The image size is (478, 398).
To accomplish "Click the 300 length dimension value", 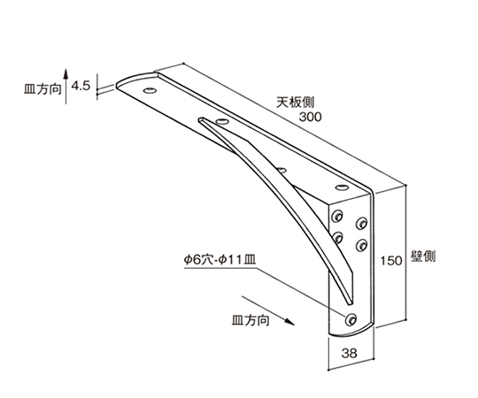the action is click(x=310, y=117).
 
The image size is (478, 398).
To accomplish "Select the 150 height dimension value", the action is click(x=391, y=261).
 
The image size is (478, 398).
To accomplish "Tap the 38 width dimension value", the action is click(x=349, y=353).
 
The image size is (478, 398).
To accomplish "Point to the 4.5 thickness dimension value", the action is click(x=81, y=86).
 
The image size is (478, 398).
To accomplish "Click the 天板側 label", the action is click(x=295, y=103).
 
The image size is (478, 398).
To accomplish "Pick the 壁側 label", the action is click(x=423, y=256).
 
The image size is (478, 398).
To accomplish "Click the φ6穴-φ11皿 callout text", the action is click(x=220, y=260).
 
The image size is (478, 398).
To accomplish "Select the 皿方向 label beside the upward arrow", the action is click(x=42, y=89).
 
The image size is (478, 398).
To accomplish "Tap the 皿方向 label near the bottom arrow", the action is click(x=251, y=320).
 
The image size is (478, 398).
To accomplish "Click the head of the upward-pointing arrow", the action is click(x=66, y=73).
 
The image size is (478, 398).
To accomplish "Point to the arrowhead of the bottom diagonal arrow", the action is click(x=289, y=322).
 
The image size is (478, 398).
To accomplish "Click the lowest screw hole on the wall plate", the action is click(x=351, y=319).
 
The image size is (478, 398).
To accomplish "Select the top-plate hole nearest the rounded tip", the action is click(x=150, y=90).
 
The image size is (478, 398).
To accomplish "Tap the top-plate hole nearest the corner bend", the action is click(x=342, y=187).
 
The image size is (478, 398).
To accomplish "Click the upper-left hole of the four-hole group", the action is click(x=337, y=216).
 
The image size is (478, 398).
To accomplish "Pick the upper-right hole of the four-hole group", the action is click(x=361, y=223).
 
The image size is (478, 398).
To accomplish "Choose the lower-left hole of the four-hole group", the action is click(x=337, y=237).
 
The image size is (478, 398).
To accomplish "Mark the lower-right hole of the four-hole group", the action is click(x=361, y=244).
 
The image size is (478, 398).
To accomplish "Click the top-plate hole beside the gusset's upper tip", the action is click(x=222, y=121).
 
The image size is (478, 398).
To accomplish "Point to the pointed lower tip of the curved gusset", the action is click(x=350, y=304).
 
